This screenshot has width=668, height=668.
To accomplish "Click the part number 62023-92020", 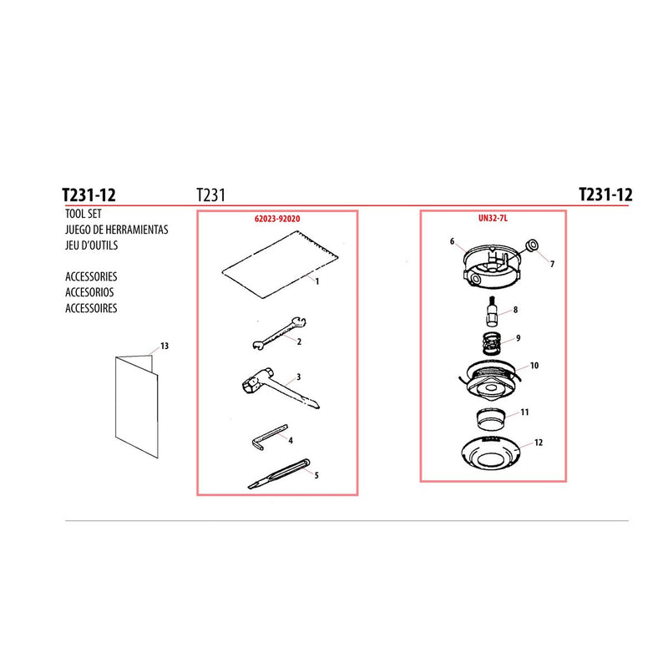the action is (277, 219).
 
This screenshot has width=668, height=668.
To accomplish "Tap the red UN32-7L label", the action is (493, 218).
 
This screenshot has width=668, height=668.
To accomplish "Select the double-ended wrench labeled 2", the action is (279, 333).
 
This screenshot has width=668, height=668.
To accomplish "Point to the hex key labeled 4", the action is (267, 435).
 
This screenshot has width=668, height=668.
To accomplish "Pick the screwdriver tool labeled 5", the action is (279, 474).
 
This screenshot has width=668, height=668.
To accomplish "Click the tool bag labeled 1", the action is (280, 265).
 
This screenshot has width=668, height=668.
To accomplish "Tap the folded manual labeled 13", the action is (136, 406).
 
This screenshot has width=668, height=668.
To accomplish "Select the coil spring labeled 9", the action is (493, 343).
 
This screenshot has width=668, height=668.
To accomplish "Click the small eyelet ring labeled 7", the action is (532, 245).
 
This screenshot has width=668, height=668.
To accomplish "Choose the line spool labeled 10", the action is (492, 379).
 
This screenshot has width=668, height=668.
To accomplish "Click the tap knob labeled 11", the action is (490, 419).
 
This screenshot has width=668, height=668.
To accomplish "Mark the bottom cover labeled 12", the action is (491, 453).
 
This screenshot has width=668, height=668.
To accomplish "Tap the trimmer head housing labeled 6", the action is (491, 266).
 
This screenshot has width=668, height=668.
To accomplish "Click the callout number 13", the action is (164, 346).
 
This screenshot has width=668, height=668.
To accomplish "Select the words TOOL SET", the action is (83, 214).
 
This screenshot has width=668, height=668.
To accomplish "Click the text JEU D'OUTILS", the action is (91, 245).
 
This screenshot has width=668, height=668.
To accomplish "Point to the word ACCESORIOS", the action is (89, 292).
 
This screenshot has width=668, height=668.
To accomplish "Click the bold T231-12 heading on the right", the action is (605, 195).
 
